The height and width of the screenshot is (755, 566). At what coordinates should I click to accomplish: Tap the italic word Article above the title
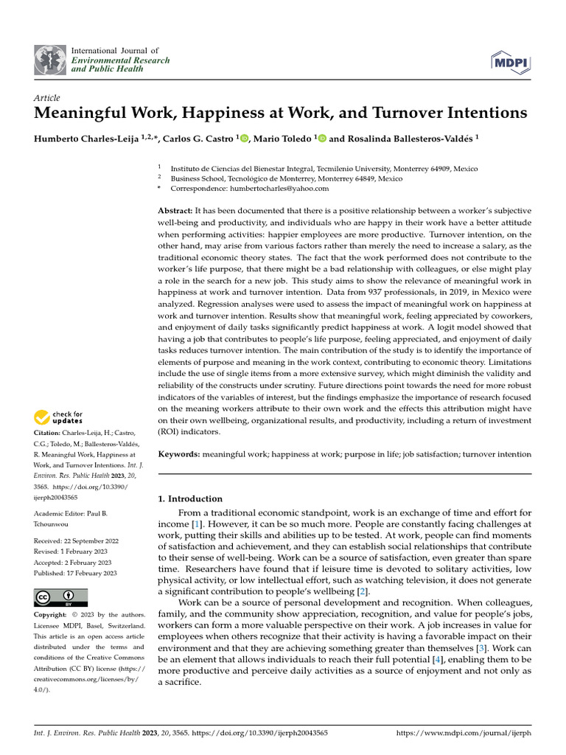47,98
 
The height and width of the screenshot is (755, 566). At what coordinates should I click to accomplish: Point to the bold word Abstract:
176,211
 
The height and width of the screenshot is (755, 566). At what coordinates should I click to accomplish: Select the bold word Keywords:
179,456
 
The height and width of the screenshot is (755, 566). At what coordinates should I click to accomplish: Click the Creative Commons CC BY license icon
60,596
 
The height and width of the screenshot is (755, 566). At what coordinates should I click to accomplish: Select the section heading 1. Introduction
190,498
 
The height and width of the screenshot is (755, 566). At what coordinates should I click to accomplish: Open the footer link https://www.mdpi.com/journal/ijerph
464,734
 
